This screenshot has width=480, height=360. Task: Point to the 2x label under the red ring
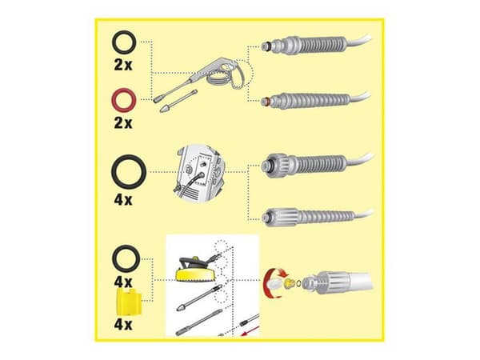[x=123, y=122]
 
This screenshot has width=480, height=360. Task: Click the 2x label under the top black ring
[x=123, y=65]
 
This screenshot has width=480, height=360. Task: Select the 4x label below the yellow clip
[x=123, y=325]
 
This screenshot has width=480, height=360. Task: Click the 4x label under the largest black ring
[x=123, y=199]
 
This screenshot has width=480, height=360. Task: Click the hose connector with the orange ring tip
[x=315, y=100]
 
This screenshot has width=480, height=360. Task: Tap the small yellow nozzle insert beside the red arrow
[x=288, y=283]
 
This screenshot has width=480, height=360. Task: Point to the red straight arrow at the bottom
[x=250, y=331]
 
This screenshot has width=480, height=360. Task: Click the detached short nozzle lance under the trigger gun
[x=178, y=101]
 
